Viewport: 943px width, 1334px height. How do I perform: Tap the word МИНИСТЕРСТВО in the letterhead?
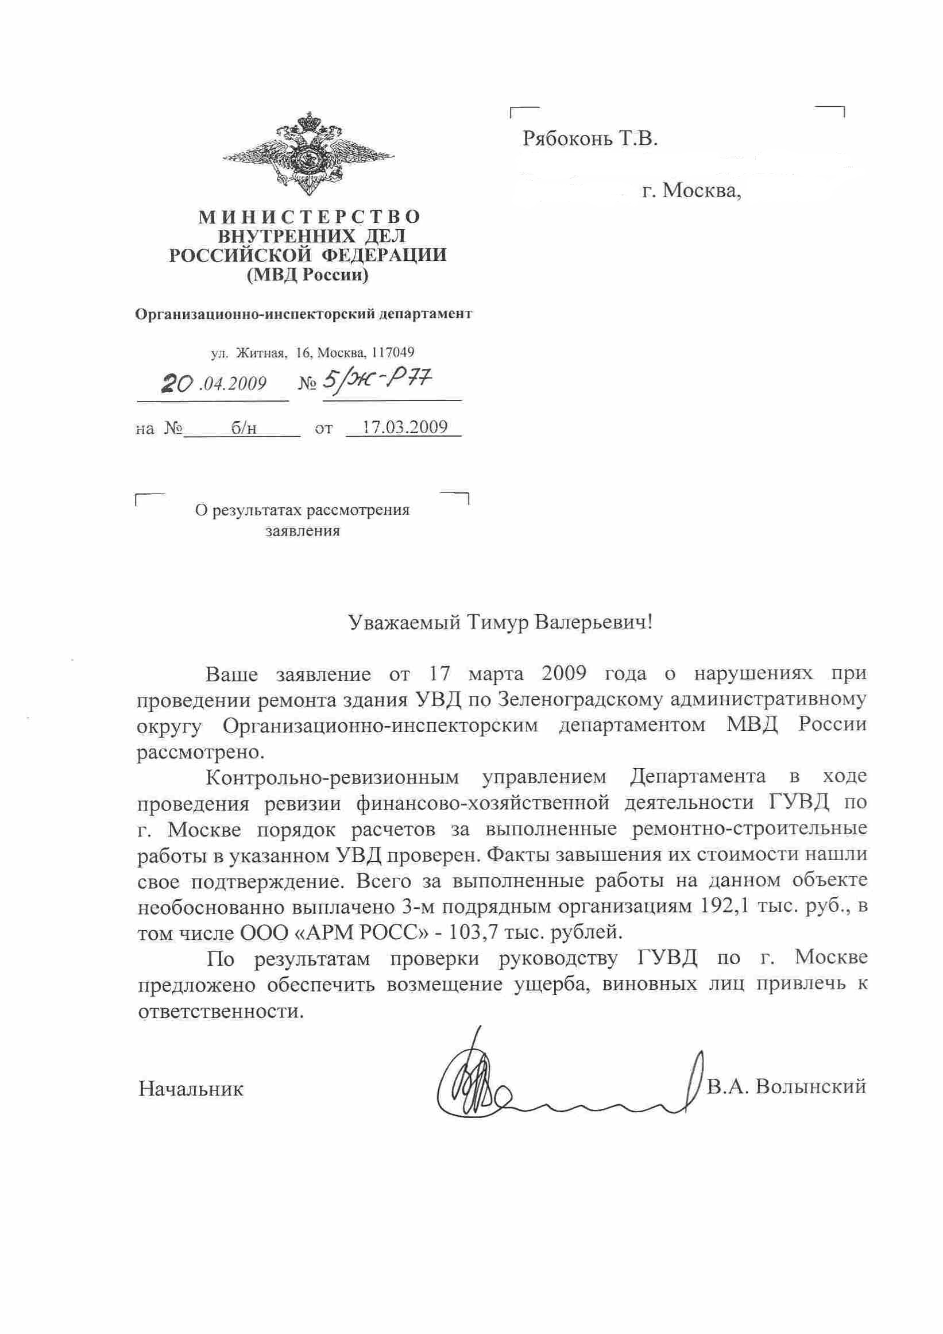[310, 217]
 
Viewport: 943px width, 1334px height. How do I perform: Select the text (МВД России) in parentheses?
[308, 275]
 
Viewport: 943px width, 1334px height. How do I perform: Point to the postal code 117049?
[395, 353]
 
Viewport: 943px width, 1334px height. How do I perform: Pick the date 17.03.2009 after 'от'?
[405, 427]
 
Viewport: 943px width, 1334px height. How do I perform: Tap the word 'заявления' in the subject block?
[303, 531]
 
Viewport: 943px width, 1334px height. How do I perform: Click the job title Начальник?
[191, 1089]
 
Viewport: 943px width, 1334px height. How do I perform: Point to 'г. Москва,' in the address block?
[691, 190]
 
